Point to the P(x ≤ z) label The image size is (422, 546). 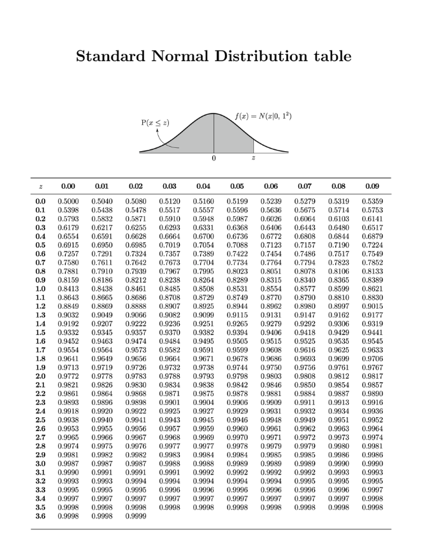(156, 122)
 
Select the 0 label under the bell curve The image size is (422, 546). (214, 158)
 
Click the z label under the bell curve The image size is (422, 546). (254, 158)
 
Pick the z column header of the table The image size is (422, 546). (40, 186)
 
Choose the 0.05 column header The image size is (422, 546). (236, 186)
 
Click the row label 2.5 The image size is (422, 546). (40, 420)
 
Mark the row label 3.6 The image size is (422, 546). (40, 516)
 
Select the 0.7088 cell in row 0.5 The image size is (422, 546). (236, 244)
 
